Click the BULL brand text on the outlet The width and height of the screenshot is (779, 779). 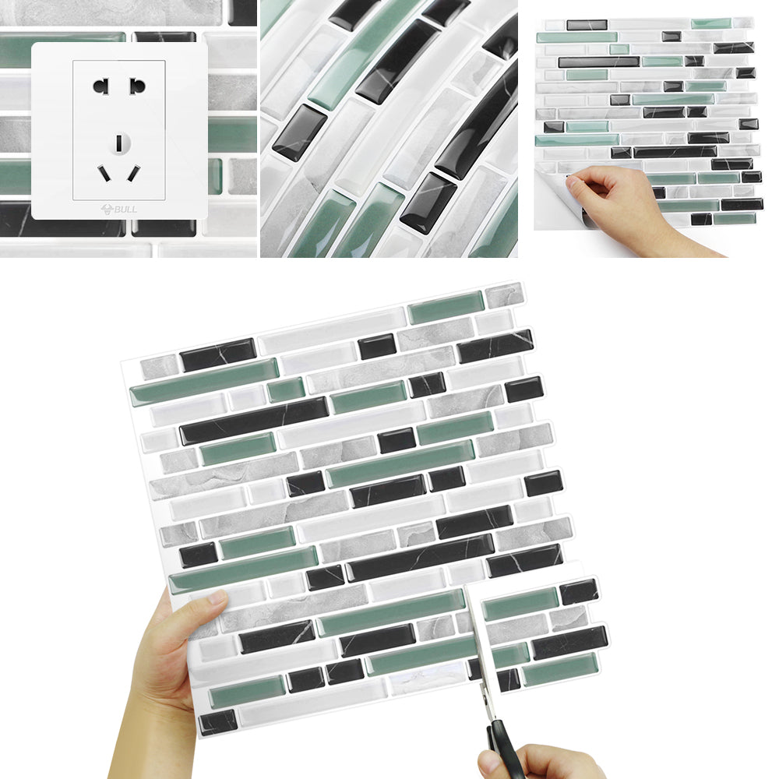tap(125, 209)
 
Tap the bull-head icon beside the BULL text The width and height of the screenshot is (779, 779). tap(107, 209)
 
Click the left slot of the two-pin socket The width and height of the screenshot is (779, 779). tap(100, 86)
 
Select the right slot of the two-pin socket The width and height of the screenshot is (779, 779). tap(137, 86)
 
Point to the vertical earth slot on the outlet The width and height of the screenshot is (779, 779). tap(119, 143)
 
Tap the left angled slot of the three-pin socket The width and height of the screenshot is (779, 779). tap(104, 174)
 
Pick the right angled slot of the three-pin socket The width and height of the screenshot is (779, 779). tap(134, 174)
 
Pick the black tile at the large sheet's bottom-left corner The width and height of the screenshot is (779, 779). tap(218, 722)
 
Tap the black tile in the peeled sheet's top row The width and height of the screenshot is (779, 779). tap(587, 25)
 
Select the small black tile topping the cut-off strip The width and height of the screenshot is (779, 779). tap(579, 592)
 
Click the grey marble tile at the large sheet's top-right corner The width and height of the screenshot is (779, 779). tap(504, 295)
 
